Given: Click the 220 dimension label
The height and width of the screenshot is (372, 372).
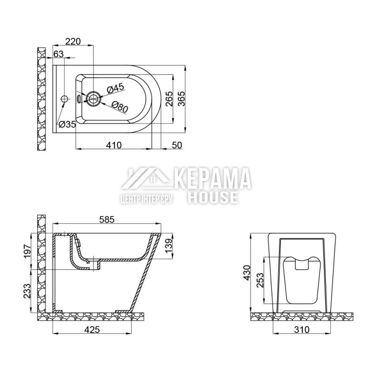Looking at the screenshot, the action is [73, 41].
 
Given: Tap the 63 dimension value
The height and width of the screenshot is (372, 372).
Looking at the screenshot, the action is [59, 54].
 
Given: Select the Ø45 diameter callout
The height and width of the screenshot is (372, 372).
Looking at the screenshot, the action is [115, 88].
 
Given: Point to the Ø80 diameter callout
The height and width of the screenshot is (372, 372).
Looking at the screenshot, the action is [120, 107].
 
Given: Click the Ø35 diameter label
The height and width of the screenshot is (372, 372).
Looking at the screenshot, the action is [67, 124].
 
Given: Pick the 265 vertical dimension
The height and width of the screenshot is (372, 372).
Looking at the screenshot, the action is [169, 99].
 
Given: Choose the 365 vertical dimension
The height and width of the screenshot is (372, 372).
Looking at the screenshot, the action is [181, 99].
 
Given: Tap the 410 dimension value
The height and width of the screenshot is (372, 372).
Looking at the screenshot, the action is [114, 145].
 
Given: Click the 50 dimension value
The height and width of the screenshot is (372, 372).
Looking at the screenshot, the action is [177, 145].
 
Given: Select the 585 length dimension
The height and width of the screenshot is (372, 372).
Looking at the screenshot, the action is [107, 219].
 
